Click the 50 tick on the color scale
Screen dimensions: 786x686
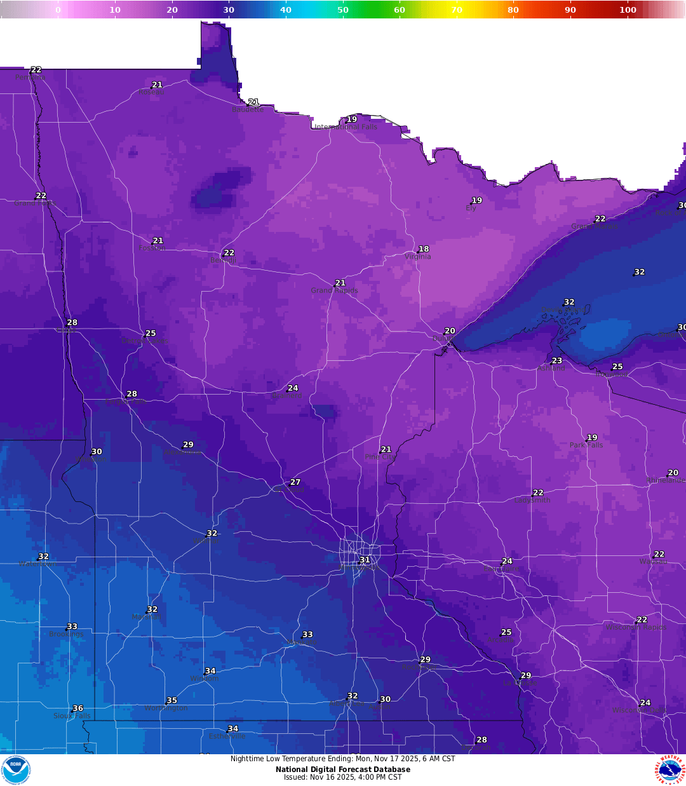click(x=343, y=10)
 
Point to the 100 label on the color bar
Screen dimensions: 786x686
click(x=628, y=10)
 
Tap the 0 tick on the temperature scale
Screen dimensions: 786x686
click(x=58, y=10)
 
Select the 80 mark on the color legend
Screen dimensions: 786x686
click(x=513, y=10)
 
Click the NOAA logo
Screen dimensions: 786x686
click(x=16, y=769)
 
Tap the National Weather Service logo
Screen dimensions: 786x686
click(x=670, y=769)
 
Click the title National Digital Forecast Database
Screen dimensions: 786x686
click(x=343, y=769)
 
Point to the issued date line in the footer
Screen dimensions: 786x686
click(x=343, y=777)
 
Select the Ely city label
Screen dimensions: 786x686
click(x=471, y=208)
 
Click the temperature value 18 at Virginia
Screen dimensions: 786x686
click(x=424, y=249)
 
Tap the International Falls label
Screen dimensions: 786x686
click(x=346, y=127)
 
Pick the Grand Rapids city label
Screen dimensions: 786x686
click(x=334, y=291)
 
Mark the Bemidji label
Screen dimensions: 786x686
click(x=223, y=261)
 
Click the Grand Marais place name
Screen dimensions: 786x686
click(x=594, y=226)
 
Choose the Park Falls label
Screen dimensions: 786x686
click(x=586, y=445)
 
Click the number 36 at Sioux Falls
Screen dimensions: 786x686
click(x=78, y=708)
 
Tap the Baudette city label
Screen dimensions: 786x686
click(x=248, y=110)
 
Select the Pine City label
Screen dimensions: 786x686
click(x=380, y=457)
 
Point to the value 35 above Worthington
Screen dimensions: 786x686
click(x=172, y=701)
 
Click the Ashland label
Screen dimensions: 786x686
click(x=551, y=369)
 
